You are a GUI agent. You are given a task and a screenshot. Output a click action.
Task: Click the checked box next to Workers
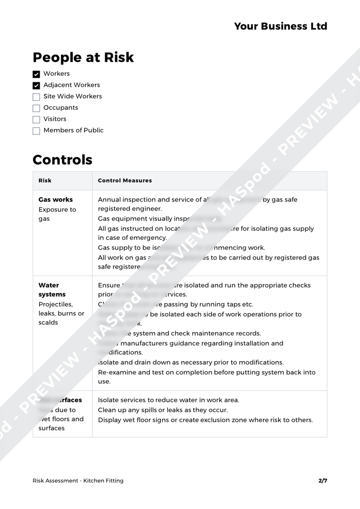[x=37, y=74]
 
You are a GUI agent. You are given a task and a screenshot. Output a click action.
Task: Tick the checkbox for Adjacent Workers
[x=37, y=85]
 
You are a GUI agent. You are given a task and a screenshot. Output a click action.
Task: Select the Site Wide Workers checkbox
[x=37, y=97]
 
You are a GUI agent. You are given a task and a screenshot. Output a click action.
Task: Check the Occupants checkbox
[x=37, y=108]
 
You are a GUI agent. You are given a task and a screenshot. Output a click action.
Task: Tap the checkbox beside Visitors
[x=37, y=119]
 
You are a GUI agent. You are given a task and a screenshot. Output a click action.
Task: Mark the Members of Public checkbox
[x=37, y=131]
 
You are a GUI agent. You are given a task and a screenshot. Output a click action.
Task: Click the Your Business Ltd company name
[x=281, y=26]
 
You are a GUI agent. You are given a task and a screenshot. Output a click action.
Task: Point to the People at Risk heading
[x=83, y=57]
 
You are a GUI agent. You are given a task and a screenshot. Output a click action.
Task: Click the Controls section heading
[x=63, y=160]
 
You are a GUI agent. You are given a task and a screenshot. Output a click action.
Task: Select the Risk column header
[x=45, y=180]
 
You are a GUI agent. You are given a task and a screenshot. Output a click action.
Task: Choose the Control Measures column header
[x=125, y=180]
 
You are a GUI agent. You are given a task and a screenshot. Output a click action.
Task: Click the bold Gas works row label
[x=56, y=200]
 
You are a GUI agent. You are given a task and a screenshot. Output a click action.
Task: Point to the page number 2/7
[x=323, y=480]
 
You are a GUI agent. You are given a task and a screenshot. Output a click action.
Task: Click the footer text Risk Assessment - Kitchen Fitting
[x=78, y=480]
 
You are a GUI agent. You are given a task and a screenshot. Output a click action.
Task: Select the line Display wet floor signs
[x=205, y=420]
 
